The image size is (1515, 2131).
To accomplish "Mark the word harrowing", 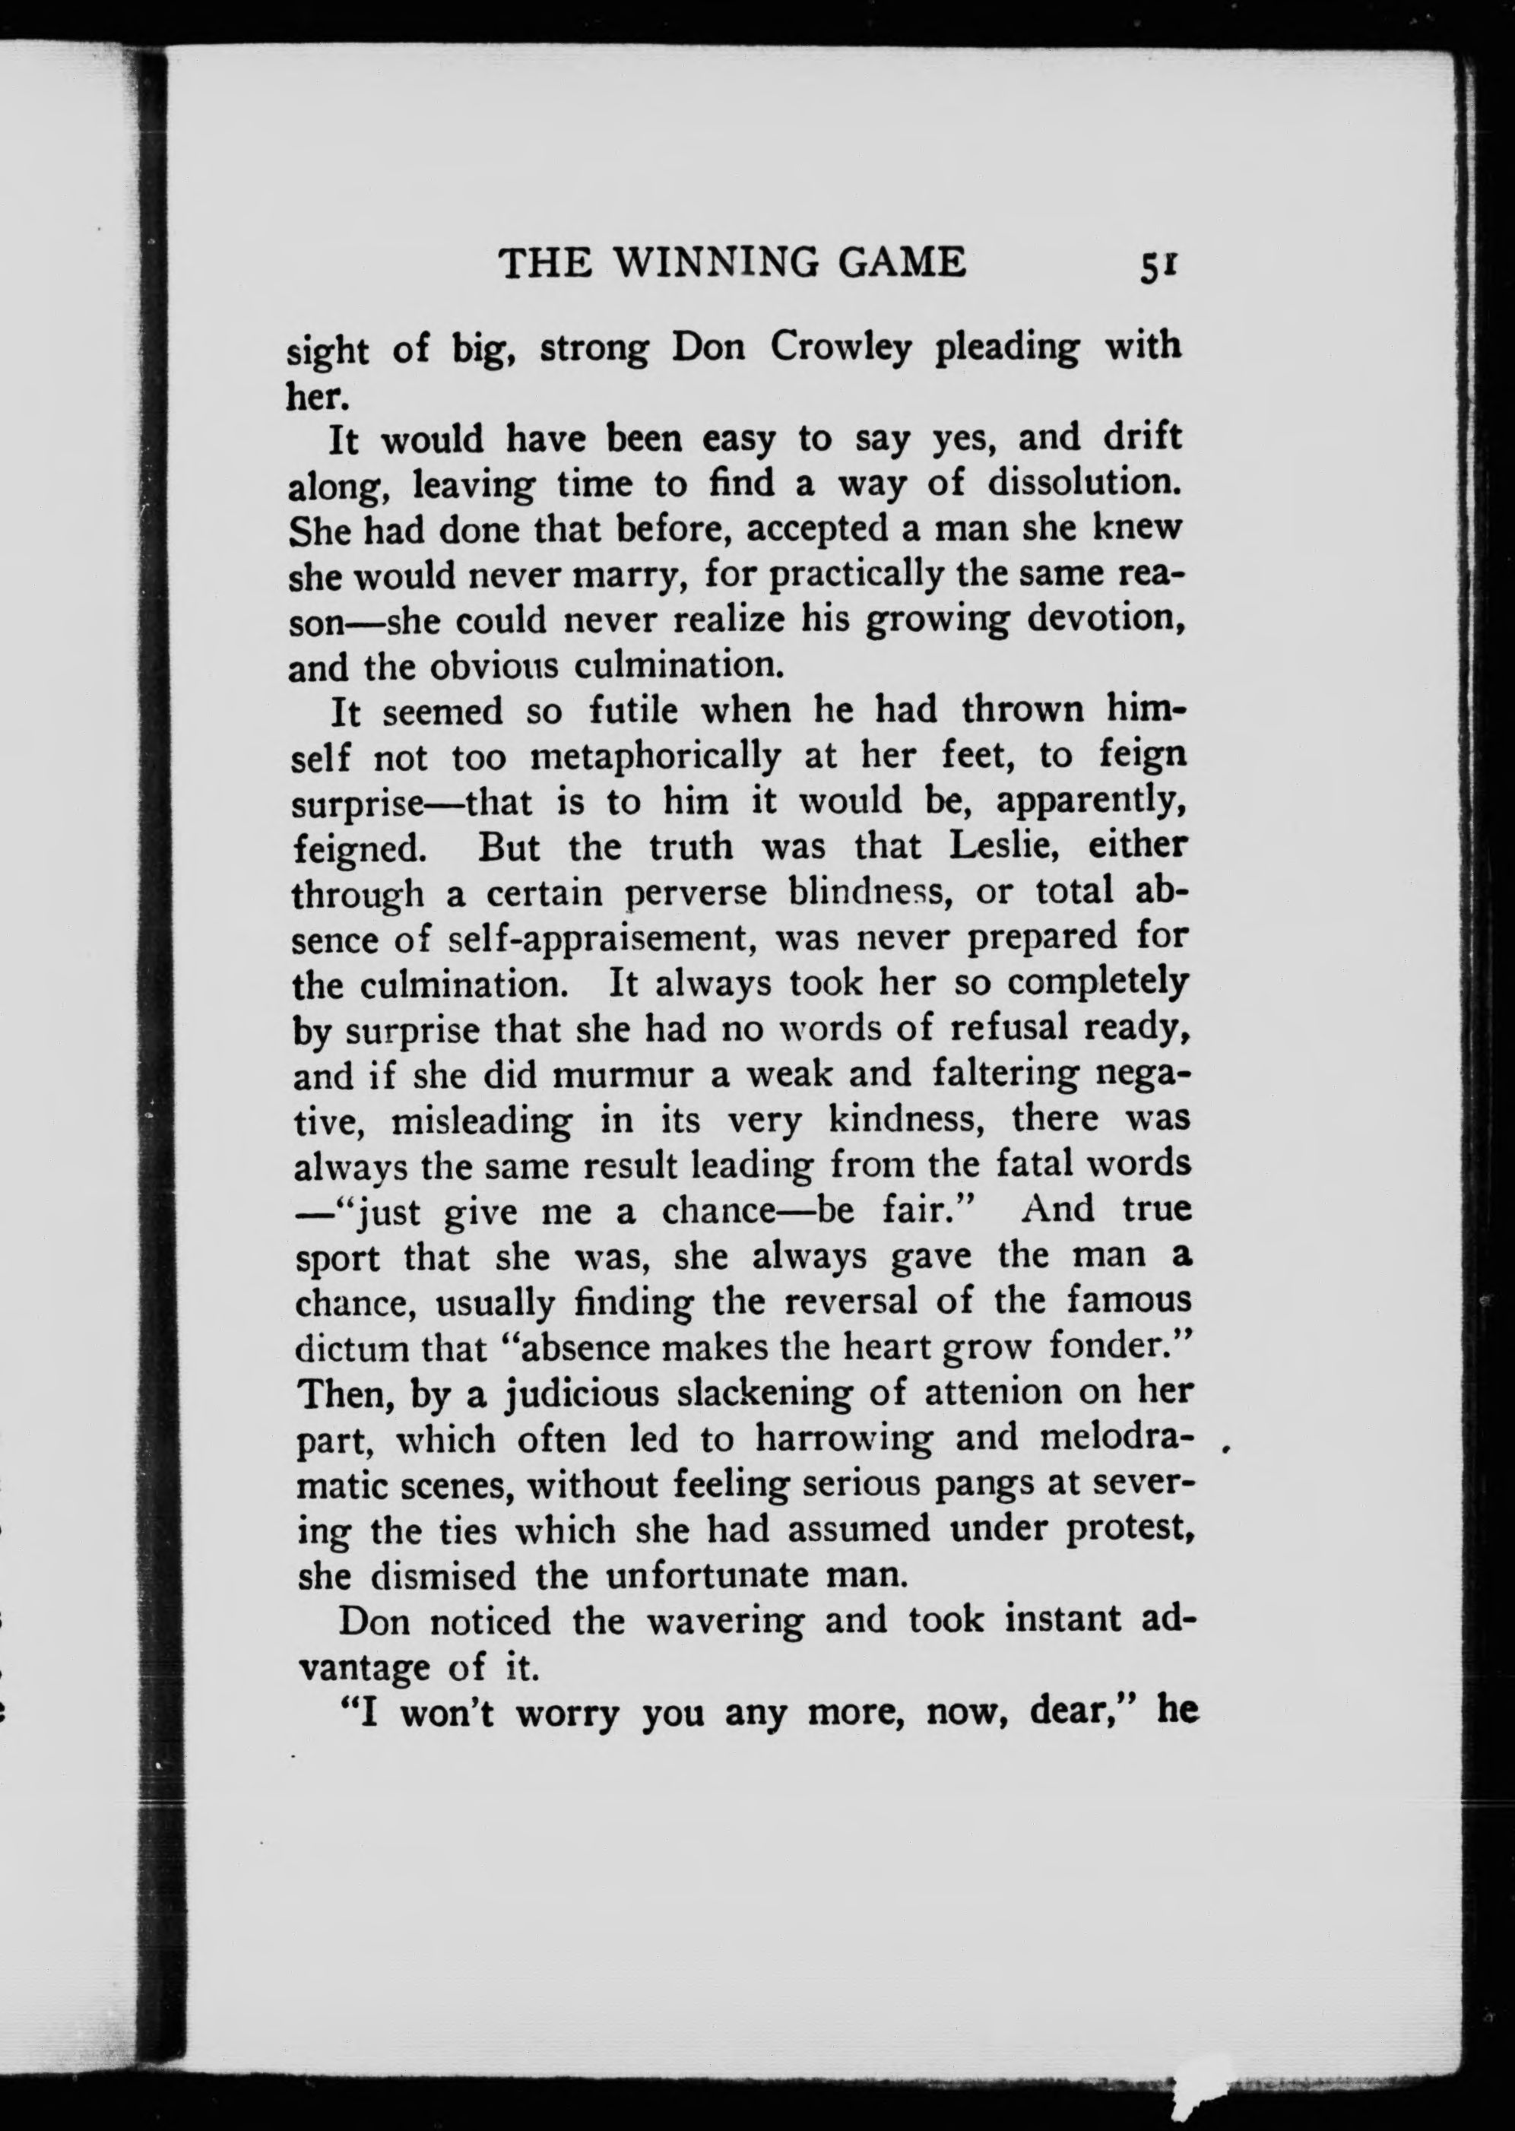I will point(843,1438).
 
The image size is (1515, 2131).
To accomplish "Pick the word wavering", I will point(725,1622).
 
